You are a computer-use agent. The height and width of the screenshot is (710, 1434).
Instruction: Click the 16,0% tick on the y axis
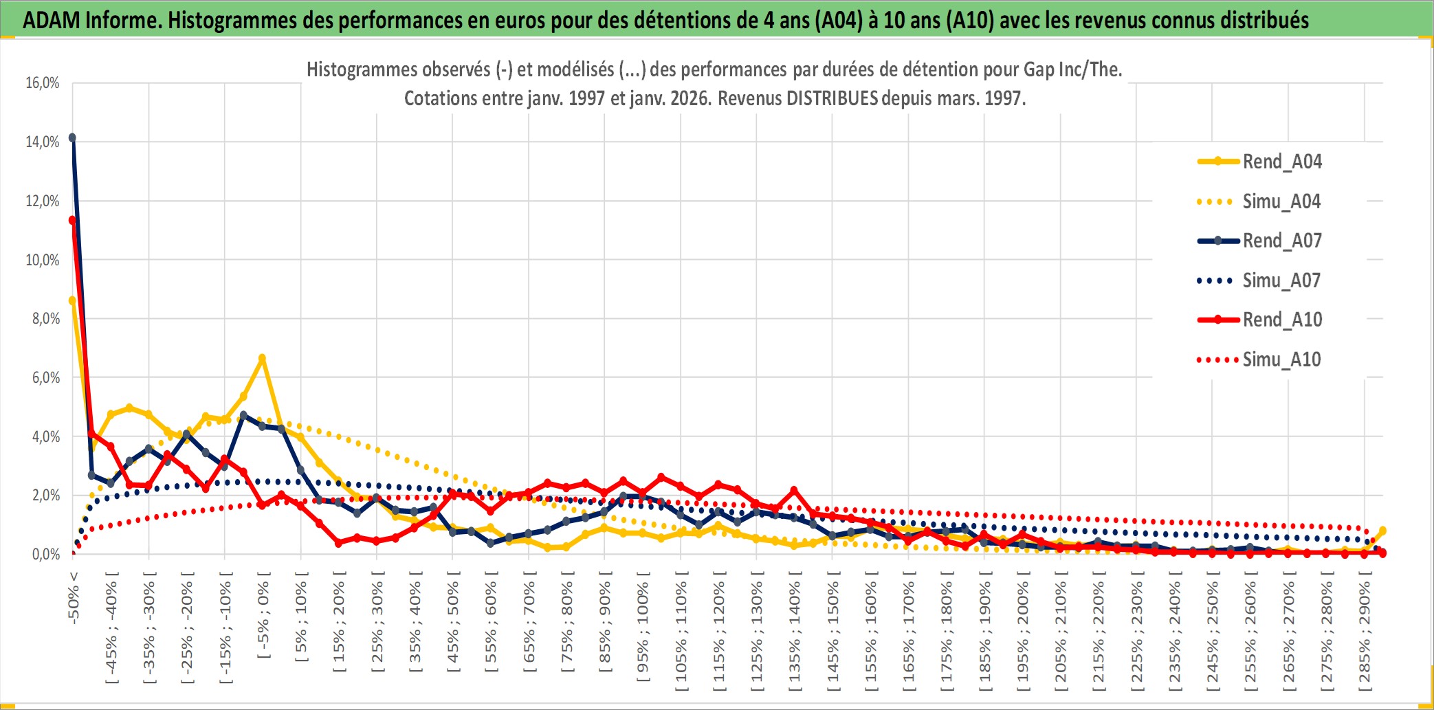click(x=43, y=83)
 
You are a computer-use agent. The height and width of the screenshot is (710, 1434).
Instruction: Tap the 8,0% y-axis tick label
click(x=46, y=319)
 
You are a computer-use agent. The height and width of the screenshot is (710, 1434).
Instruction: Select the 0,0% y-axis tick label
click(x=46, y=554)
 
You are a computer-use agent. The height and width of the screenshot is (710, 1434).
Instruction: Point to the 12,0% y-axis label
click(x=43, y=201)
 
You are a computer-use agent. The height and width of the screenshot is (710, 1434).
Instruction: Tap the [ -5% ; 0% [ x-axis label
click(x=263, y=615)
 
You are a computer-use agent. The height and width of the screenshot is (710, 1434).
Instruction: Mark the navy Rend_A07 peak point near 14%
click(x=72, y=137)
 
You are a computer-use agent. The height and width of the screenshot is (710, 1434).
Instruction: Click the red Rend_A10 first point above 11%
click(x=72, y=221)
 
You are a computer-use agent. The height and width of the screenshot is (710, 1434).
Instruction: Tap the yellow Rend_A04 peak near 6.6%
click(x=262, y=358)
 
